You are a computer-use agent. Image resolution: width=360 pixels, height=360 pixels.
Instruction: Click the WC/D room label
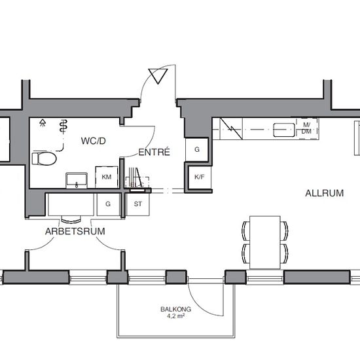(93, 141)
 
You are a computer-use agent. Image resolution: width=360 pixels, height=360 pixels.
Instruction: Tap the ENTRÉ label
(154, 152)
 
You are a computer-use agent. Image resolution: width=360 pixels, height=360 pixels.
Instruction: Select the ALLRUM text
(325, 193)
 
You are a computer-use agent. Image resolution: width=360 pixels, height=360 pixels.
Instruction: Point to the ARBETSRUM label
(75, 231)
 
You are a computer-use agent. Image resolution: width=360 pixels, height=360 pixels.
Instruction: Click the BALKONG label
(175, 309)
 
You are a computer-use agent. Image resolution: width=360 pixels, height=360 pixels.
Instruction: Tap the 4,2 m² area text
(175, 316)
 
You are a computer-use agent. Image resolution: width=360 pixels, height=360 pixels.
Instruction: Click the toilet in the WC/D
(44, 158)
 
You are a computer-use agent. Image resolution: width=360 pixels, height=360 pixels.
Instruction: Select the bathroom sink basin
(77, 180)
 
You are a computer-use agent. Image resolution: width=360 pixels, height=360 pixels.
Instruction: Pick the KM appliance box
(107, 177)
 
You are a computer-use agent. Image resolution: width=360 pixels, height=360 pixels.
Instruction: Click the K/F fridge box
(199, 177)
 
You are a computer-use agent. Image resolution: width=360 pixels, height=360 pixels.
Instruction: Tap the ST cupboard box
(137, 204)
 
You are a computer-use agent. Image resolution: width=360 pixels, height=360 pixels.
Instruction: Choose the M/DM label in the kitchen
(306, 128)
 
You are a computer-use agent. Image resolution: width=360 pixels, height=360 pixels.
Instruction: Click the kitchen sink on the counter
(284, 130)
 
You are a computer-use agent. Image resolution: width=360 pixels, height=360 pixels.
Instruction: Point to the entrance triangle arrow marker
(158, 76)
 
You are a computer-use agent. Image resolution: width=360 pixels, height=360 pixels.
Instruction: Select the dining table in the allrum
(265, 242)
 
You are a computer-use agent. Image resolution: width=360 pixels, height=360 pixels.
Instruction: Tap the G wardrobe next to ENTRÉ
(197, 149)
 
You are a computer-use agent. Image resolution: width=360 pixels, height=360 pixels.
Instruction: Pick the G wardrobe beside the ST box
(108, 204)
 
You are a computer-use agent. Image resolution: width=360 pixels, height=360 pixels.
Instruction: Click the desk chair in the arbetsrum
(71, 219)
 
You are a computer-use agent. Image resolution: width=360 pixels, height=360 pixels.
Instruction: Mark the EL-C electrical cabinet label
(137, 185)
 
